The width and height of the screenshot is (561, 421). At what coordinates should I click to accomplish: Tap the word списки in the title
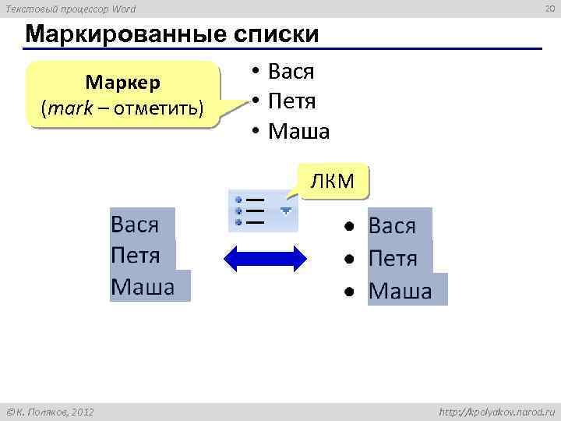(x=271, y=35)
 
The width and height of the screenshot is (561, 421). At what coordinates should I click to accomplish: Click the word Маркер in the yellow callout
(x=122, y=83)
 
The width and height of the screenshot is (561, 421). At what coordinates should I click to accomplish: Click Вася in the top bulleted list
(x=291, y=73)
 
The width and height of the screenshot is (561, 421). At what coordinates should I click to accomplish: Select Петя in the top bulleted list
(x=291, y=101)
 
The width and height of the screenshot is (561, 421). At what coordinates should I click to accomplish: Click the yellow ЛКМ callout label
(x=333, y=182)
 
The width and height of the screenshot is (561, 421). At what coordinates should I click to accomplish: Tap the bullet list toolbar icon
(x=249, y=210)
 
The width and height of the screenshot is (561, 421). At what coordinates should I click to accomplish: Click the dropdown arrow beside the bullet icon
(x=286, y=210)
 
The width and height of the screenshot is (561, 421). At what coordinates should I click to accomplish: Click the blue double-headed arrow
(x=266, y=258)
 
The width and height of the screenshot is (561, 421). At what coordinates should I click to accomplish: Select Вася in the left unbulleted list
(x=135, y=225)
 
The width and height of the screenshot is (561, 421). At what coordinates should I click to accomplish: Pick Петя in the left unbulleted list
(x=136, y=255)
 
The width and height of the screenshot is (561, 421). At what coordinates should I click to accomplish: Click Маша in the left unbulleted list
(x=143, y=286)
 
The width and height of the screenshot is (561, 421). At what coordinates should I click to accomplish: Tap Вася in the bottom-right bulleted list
(x=392, y=226)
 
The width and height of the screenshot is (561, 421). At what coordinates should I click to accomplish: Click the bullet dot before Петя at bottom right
(x=351, y=258)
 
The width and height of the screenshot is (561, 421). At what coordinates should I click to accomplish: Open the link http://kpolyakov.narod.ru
(x=496, y=411)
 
